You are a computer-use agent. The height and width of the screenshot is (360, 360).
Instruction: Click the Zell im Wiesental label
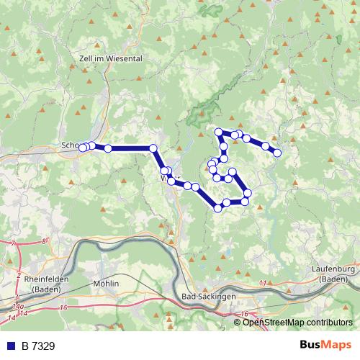click(109, 58)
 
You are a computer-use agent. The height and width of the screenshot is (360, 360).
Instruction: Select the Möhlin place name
click(106, 284)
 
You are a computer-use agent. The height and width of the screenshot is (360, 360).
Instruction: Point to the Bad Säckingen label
click(209, 297)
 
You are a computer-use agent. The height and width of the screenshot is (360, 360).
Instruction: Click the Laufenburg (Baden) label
click(336, 274)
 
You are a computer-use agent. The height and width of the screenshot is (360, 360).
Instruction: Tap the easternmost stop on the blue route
click(277, 153)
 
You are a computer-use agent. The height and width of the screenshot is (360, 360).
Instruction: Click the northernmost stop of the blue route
click(219, 132)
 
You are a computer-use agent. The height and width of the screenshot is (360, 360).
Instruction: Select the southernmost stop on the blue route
click(218, 208)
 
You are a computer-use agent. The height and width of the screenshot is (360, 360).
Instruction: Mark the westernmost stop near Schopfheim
click(82, 148)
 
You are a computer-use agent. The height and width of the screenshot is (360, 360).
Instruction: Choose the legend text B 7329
click(35, 346)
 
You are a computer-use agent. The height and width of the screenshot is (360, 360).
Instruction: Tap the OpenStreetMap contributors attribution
click(294, 322)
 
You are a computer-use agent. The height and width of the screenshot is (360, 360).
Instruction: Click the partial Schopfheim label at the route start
click(71, 145)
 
